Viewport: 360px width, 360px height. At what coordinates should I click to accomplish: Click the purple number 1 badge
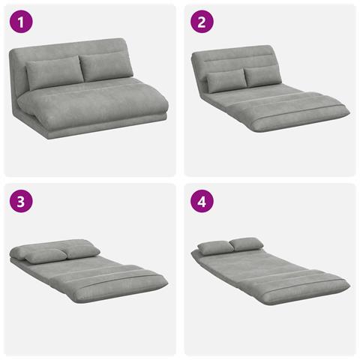click(21, 22)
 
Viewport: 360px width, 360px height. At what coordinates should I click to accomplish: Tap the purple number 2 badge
click(202, 22)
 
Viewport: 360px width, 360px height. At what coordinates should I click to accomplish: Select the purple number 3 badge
click(21, 201)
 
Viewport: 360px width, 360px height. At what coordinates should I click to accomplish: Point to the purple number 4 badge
click(202, 201)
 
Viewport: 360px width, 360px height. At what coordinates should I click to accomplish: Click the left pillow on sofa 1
click(54, 73)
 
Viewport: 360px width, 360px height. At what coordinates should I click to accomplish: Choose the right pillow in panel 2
click(262, 76)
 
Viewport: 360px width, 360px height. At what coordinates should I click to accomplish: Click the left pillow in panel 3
click(43, 256)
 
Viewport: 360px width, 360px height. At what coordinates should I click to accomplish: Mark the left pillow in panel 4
click(215, 247)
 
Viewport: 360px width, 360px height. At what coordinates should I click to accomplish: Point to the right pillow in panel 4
click(247, 244)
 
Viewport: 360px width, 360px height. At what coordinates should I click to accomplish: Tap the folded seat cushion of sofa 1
click(92, 105)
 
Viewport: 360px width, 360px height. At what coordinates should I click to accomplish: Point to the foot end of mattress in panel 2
click(300, 118)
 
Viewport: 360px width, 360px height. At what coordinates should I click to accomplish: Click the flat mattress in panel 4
click(270, 275)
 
